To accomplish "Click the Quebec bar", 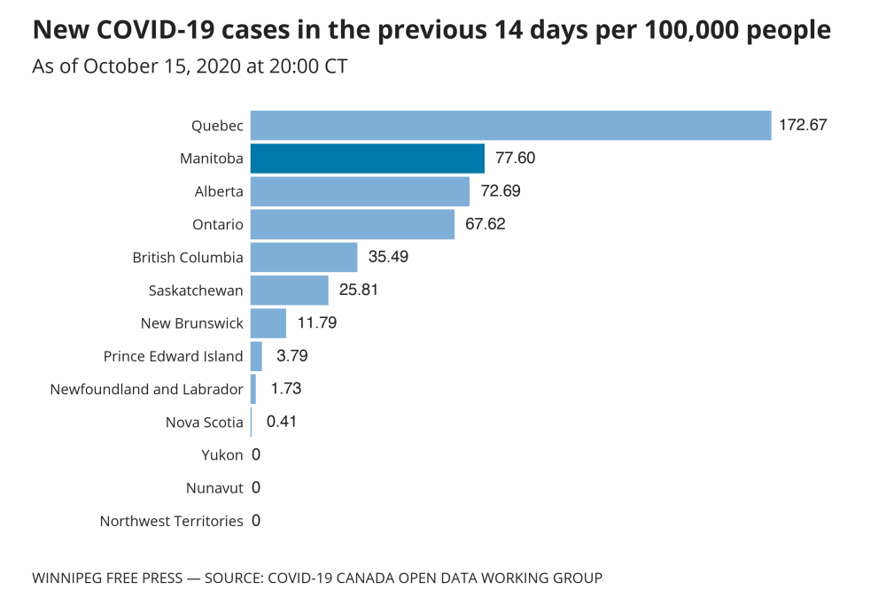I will (x=510, y=125).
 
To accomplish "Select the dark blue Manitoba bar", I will (x=367, y=159).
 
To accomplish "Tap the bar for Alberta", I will (x=360, y=191).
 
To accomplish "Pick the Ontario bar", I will (x=352, y=224).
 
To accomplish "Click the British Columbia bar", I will (x=303, y=257).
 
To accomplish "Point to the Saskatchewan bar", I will (x=289, y=290).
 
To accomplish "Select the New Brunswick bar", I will (x=268, y=323).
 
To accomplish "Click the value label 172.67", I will (x=803, y=125).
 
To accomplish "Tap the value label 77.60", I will (x=516, y=159).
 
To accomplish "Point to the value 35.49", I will (x=388, y=257).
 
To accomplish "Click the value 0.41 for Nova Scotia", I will (x=281, y=422).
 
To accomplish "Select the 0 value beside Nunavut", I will (x=256, y=487).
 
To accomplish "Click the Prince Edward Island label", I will (x=173, y=356).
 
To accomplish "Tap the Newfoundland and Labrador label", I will (x=146, y=389).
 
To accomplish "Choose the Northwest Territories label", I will (x=171, y=521).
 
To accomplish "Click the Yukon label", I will (x=221, y=455).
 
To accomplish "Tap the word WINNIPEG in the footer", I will (x=70, y=578).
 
